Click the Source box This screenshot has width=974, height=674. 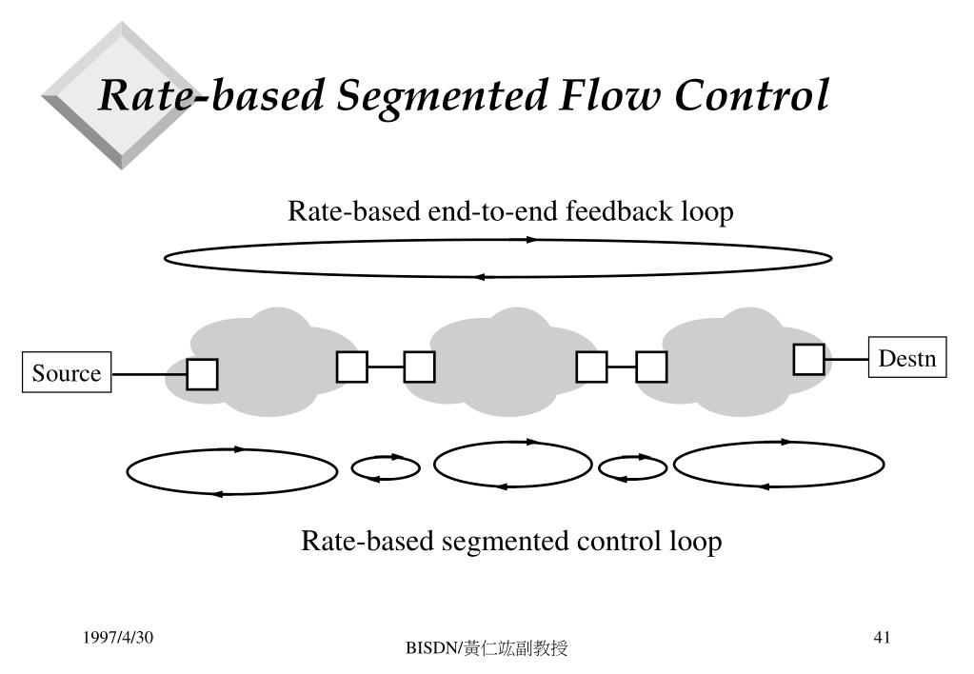pyautogui.click(x=67, y=372)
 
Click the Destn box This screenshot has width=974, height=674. pyautogui.click(x=907, y=357)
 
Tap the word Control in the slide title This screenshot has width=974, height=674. pyautogui.click(x=751, y=95)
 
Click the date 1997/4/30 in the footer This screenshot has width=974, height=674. pyautogui.click(x=118, y=637)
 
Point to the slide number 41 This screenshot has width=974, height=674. pyautogui.click(x=882, y=637)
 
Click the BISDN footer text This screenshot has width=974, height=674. pyautogui.click(x=487, y=648)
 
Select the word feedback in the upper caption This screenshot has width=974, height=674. pyautogui.click(x=619, y=211)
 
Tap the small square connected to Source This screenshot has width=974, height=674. pyautogui.click(x=203, y=374)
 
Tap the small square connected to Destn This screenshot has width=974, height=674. pyautogui.click(x=808, y=359)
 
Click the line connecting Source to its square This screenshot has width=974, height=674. pyautogui.click(x=149, y=374)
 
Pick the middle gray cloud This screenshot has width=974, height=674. pyautogui.click(x=510, y=362)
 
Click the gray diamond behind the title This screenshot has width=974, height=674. pyautogui.click(x=122, y=95)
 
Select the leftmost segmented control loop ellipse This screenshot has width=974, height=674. pyautogui.click(x=231, y=471)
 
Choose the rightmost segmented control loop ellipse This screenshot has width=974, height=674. pyautogui.click(x=779, y=464)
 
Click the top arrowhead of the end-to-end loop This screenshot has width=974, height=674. pyautogui.click(x=531, y=239)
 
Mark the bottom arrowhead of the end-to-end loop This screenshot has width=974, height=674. pyautogui.click(x=478, y=277)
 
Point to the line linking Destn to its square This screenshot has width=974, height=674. pyautogui.click(x=846, y=359)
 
